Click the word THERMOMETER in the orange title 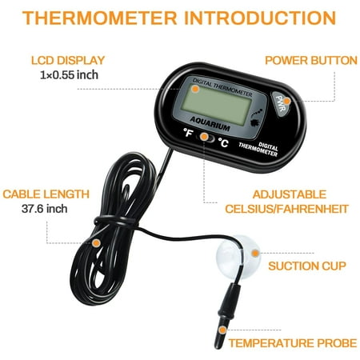click(100, 18)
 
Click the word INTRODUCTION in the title click(260, 18)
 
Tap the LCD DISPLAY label click(68, 61)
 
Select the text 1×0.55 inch click(69, 75)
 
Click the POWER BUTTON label click(311, 61)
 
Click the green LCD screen click(217, 105)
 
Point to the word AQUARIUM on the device click(210, 124)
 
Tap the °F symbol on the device click(188, 132)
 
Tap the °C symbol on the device click(223, 142)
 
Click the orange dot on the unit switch click(204, 137)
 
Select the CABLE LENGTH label click(46, 194)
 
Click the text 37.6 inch click(44, 209)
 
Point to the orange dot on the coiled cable click(96, 243)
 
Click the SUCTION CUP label click(307, 266)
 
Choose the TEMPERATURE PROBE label click(293, 343)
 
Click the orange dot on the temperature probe click(222, 330)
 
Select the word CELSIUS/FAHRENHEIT click(287, 209)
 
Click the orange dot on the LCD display click(195, 89)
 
